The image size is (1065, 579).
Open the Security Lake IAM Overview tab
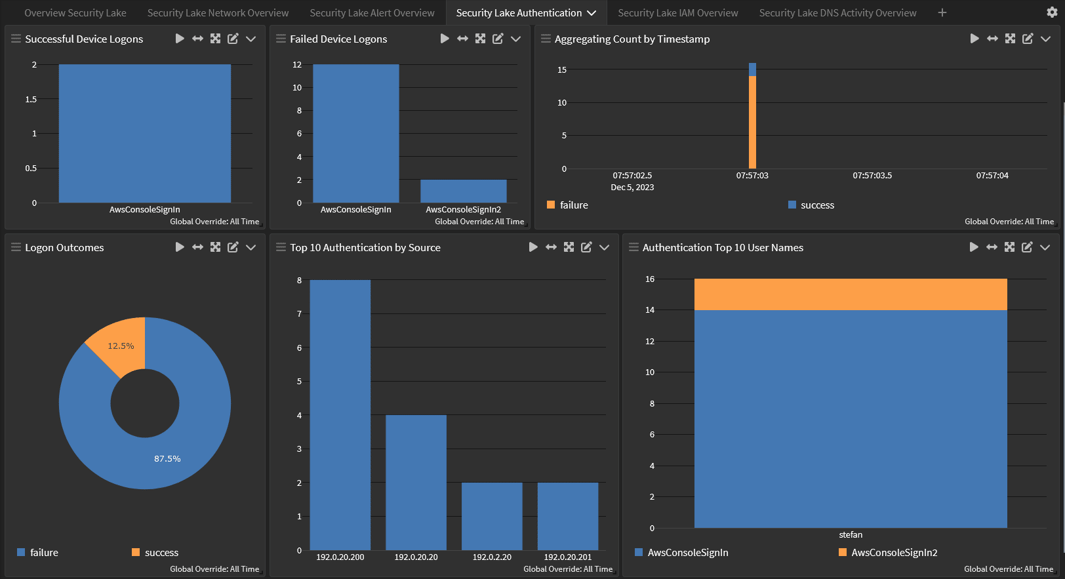pyautogui.click(x=677, y=13)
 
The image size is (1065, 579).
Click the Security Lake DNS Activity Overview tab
pyautogui.click(x=837, y=13)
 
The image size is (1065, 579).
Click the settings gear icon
pyautogui.click(x=1052, y=12)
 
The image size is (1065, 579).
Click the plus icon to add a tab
pyautogui.click(x=942, y=12)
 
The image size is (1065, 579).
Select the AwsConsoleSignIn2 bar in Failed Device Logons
pyautogui.click(x=463, y=191)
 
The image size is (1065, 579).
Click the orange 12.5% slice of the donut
pyautogui.click(x=121, y=344)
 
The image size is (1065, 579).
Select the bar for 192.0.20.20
pyautogui.click(x=416, y=482)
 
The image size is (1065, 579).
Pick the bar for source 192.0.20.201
pyautogui.click(x=567, y=516)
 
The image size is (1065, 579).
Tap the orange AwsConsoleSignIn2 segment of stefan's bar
pyautogui.click(x=851, y=294)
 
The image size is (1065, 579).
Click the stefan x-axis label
pyautogui.click(x=851, y=535)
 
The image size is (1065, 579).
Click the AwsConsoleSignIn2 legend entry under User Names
pyautogui.click(x=894, y=553)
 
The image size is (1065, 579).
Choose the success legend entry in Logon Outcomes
pyautogui.click(x=161, y=553)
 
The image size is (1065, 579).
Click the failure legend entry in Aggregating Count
pyautogui.click(x=573, y=205)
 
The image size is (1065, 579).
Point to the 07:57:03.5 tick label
pyautogui.click(x=872, y=176)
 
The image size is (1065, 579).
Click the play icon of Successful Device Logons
pyautogui.click(x=180, y=39)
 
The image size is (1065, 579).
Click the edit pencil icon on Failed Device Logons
pyautogui.click(x=498, y=39)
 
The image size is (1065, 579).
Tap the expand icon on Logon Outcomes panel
pyautogui.click(x=215, y=247)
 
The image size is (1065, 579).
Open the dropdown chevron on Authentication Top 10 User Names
pyautogui.click(x=1045, y=247)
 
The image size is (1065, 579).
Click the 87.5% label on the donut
pyautogui.click(x=167, y=459)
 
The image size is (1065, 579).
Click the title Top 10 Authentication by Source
pyautogui.click(x=365, y=248)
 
